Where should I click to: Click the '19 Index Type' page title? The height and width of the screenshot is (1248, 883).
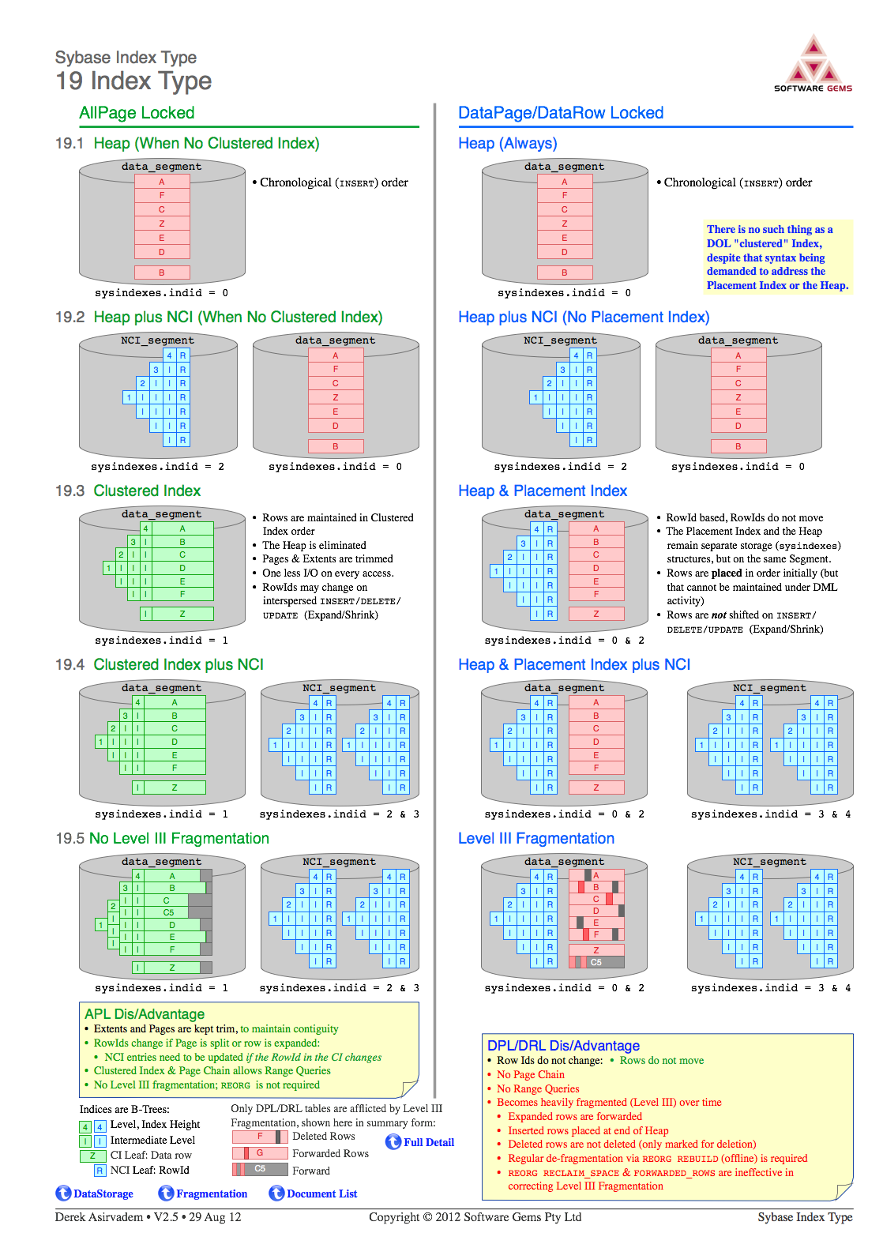click(x=133, y=81)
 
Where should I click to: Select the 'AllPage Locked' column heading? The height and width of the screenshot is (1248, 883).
click(x=137, y=112)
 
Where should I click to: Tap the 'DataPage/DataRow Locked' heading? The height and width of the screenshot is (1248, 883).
click(x=561, y=112)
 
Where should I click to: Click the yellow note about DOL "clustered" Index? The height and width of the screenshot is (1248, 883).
click(x=777, y=257)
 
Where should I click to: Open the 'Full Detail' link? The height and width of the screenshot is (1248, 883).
click(x=420, y=1142)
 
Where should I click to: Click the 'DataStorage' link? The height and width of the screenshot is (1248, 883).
click(x=95, y=1193)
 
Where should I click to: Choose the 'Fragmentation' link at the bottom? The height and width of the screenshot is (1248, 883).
click(x=203, y=1193)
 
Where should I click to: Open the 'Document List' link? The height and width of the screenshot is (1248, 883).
click(x=313, y=1193)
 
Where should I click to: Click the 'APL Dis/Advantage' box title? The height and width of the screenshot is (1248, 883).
click(x=145, y=1014)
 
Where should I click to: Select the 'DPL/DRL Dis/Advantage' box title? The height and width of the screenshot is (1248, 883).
click(x=563, y=1046)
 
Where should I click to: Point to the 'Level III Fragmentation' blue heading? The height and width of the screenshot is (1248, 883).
click(x=536, y=839)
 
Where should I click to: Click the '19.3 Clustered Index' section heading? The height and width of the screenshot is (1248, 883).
click(x=128, y=491)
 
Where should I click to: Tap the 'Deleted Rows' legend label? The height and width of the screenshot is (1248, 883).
click(x=324, y=1136)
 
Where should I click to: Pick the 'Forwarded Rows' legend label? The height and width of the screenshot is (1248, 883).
click(x=330, y=1153)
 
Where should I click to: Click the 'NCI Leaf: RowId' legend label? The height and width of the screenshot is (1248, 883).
click(x=150, y=1170)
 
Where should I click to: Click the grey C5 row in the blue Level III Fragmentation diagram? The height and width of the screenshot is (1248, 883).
click(x=596, y=962)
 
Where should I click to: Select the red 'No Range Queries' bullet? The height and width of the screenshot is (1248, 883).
click(x=538, y=1088)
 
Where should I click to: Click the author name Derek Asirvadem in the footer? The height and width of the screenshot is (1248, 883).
click(x=99, y=1217)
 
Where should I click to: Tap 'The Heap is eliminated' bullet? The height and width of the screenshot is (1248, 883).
click(x=314, y=546)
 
